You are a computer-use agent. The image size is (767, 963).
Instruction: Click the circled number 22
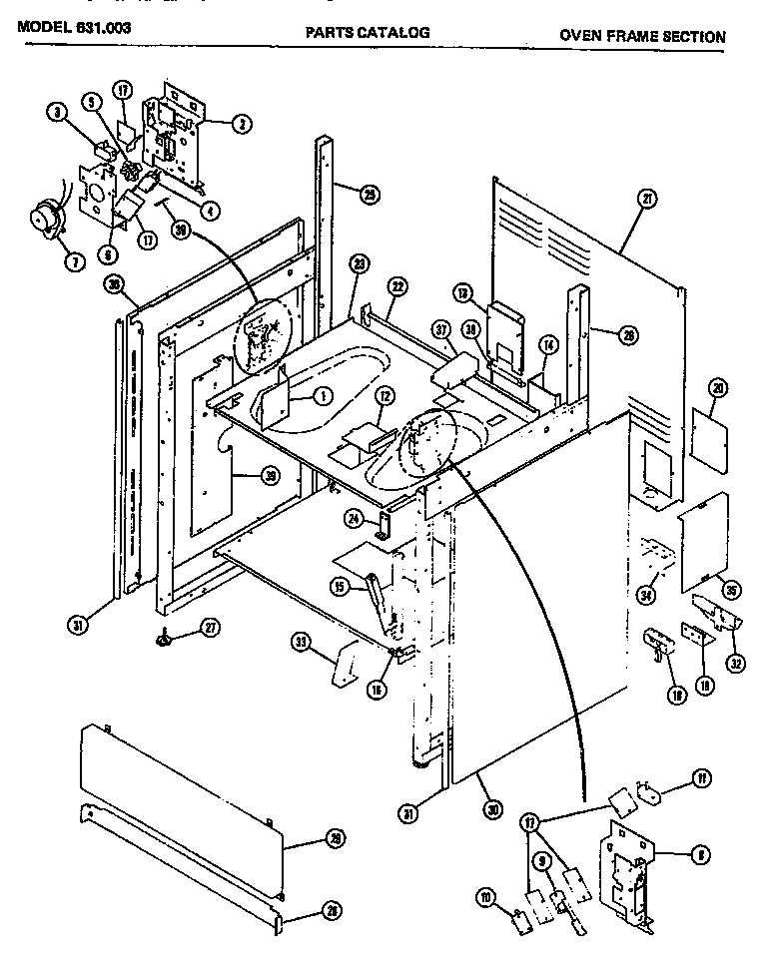click(x=397, y=287)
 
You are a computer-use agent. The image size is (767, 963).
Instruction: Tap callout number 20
click(x=718, y=389)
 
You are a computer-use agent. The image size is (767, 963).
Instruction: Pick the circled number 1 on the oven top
click(x=323, y=396)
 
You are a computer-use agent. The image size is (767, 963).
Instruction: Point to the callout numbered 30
click(x=490, y=810)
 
